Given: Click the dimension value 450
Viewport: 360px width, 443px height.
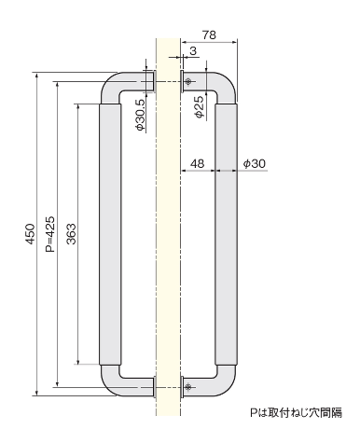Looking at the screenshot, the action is (x=30, y=233).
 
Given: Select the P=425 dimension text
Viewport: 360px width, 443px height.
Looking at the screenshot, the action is (x=49, y=234).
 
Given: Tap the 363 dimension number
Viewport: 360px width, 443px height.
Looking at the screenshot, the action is (x=71, y=234).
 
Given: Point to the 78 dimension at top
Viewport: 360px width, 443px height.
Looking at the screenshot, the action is (x=209, y=35).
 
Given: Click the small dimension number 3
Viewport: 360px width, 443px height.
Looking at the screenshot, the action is (x=193, y=50).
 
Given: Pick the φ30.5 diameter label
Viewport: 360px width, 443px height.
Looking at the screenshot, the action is (x=140, y=115).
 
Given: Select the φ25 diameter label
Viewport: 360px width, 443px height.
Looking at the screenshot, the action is (x=200, y=106).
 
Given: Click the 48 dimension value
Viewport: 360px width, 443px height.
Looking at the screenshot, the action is (x=197, y=163).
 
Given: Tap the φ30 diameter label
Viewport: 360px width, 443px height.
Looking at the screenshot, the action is (x=255, y=163).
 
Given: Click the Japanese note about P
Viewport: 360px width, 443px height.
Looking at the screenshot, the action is (x=297, y=412).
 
